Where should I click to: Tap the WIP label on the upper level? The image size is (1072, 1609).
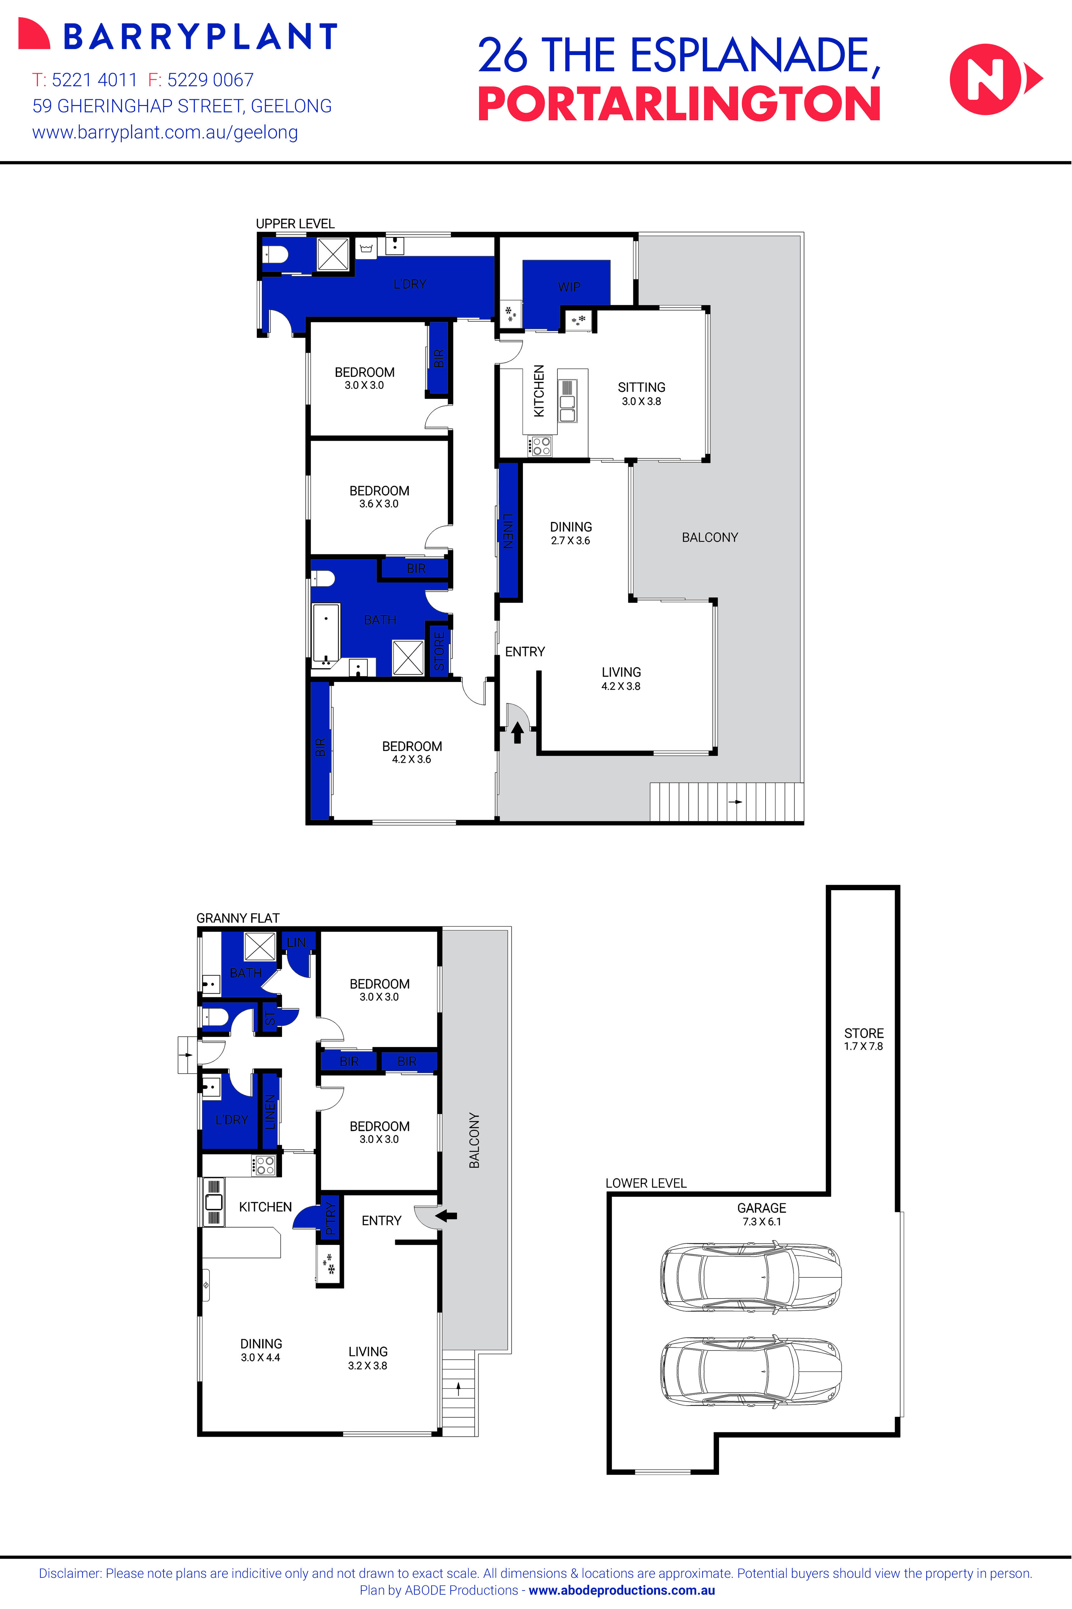click(569, 287)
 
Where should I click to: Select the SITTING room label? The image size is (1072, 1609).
click(641, 387)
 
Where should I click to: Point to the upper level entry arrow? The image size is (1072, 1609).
click(518, 733)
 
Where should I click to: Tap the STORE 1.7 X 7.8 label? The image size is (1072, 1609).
click(864, 1039)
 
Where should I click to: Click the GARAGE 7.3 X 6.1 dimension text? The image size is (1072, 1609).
click(762, 1221)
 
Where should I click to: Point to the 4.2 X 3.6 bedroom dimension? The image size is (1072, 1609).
click(412, 759)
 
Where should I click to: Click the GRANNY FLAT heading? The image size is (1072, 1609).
click(238, 918)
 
